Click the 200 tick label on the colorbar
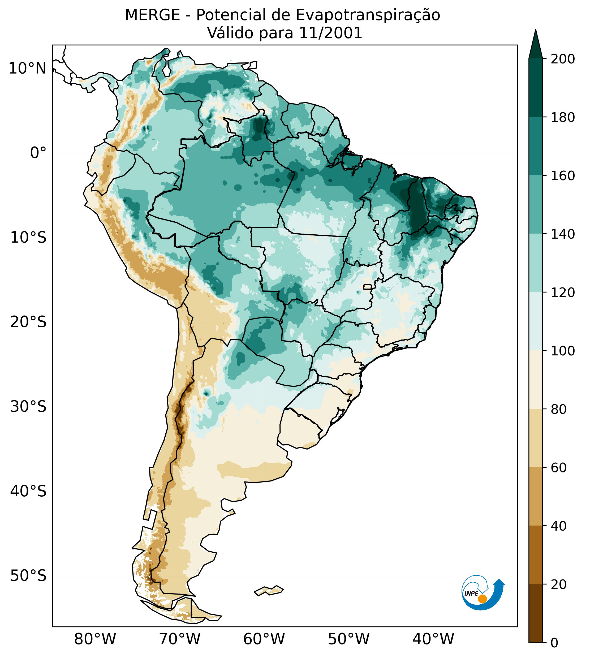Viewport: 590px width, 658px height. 563,59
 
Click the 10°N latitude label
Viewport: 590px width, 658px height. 27,68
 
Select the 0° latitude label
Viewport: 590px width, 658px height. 38,153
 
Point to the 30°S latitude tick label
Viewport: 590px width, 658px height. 28,406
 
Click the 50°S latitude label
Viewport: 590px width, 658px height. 28,576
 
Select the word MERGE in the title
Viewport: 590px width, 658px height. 152,15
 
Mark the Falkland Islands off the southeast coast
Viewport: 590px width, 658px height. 269,591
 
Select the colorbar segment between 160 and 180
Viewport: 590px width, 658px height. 536,146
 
